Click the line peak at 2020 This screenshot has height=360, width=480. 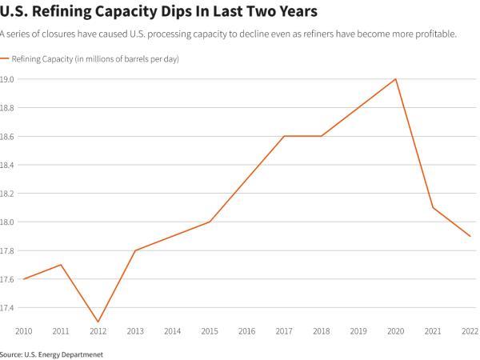(396, 79)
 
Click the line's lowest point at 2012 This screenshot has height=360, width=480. (98, 322)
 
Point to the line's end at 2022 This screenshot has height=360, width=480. (470, 236)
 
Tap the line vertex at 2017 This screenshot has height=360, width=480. (284, 136)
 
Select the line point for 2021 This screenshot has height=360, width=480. (433, 208)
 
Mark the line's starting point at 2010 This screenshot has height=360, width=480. (23, 279)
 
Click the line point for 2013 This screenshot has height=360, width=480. (135, 250)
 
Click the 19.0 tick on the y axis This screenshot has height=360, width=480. (9, 79)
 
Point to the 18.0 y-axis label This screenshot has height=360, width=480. (9, 222)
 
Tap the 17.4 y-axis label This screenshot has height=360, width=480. (9, 307)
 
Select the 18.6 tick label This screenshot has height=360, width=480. (9, 137)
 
